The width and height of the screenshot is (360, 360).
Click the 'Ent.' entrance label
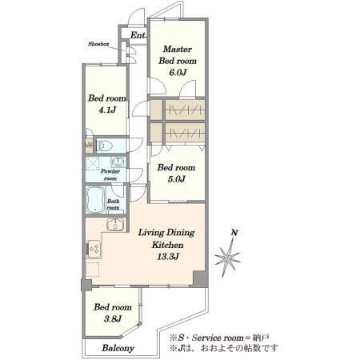click(138, 35)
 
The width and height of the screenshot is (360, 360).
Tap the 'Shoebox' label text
click(98, 44)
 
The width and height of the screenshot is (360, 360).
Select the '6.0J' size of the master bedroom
click(178, 72)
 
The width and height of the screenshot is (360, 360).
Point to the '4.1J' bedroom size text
click(107, 110)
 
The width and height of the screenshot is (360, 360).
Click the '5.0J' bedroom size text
click(176, 179)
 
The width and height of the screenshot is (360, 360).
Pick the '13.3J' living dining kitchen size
click(168, 257)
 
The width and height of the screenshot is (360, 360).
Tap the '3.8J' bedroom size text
click(113, 318)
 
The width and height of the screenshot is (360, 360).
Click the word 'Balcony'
click(118, 348)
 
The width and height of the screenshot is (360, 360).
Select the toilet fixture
click(105, 146)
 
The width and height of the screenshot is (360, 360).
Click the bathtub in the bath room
click(95, 199)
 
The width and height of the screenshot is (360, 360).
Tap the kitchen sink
click(115, 224)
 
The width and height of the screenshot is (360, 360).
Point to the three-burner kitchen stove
click(94, 249)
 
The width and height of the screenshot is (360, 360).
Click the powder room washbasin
click(118, 162)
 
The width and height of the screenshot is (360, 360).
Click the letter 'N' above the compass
click(234, 233)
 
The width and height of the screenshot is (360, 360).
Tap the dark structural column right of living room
click(200, 279)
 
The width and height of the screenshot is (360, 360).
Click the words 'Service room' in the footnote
click(218, 338)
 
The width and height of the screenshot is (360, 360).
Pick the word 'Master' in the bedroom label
click(178, 49)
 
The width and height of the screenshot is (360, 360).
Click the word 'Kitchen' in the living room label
click(168, 245)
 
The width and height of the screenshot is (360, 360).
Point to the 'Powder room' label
click(110, 174)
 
